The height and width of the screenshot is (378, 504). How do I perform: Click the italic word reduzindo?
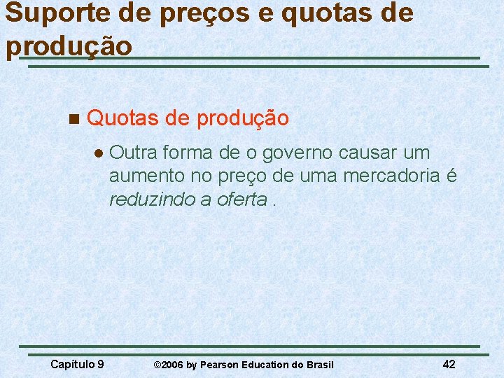click(152, 199)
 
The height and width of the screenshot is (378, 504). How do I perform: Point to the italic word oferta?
click(242, 199)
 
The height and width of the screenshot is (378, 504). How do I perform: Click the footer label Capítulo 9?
click(78, 363)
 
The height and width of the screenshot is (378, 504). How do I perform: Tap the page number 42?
click(449, 363)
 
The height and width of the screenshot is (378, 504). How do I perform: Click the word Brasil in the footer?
click(320, 365)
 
